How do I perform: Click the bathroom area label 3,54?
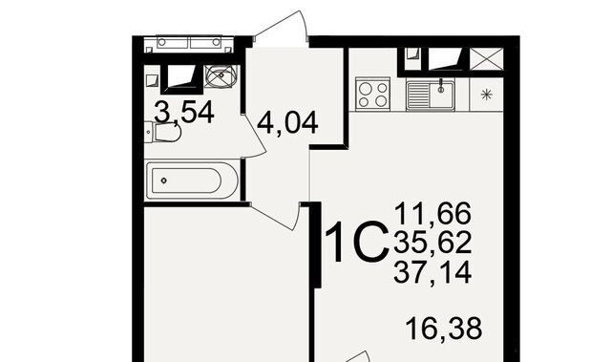pos(184,112)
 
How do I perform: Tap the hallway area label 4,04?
pos(287,123)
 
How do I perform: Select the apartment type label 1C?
pos(356,242)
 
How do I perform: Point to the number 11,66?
pos(432,214)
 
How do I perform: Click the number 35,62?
pos(432,243)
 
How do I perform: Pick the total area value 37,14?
pos(432,271)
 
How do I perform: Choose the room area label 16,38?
pos(444,329)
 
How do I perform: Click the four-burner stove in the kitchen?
pos(373,94)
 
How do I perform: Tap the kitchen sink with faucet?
pos(431,96)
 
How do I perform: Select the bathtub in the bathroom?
pos(191,181)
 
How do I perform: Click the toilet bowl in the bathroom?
pos(163,133)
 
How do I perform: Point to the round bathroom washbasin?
pos(221,75)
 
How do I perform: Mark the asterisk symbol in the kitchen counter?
pos(486,95)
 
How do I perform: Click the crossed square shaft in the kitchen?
pos(486,59)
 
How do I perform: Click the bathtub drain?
pos(164,181)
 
